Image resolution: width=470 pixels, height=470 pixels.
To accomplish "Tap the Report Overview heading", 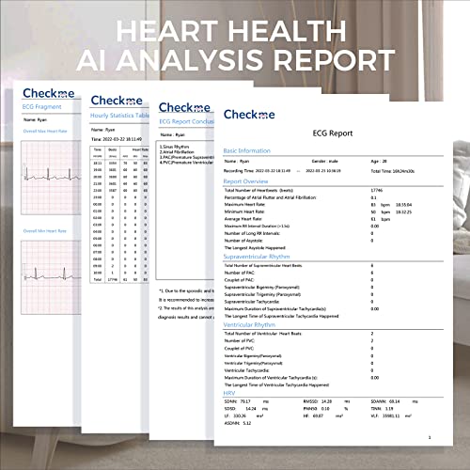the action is pos(248,181).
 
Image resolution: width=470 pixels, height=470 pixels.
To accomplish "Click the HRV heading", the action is pos(229,392).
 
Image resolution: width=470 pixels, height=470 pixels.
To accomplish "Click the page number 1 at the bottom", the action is pos(429,437).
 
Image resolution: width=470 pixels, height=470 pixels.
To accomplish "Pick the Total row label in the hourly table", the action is pos(98,279).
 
